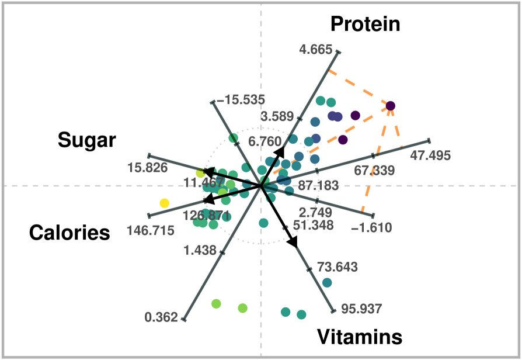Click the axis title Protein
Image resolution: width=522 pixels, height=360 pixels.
(366, 25)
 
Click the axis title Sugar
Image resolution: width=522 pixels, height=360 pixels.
(87, 141)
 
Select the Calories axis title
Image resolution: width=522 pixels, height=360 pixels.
(69, 233)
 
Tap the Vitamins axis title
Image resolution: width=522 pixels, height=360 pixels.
(360, 337)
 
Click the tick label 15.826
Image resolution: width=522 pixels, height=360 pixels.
(147, 168)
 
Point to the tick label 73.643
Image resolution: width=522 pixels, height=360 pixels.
(337, 267)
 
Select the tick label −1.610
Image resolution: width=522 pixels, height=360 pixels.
(371, 227)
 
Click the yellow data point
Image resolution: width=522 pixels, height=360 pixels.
(165, 203)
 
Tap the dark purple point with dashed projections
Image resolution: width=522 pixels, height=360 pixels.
(390, 106)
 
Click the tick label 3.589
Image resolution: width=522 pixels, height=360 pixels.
(277, 117)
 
